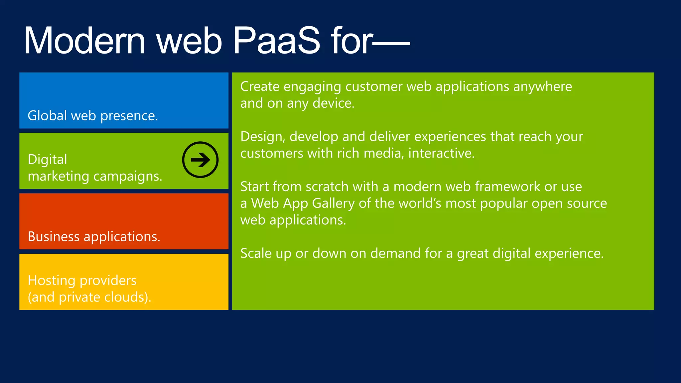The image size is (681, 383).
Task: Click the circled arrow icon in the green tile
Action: click(200, 160)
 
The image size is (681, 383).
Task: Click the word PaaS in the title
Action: click(276, 41)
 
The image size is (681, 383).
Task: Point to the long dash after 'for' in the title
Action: click(392, 43)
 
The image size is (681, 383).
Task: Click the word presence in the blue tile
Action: click(129, 116)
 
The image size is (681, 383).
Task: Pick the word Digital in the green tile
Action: click(47, 160)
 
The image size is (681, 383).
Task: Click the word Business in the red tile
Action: click(54, 237)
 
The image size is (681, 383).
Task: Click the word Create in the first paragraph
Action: click(260, 86)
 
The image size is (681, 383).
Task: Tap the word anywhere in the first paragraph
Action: click(542, 86)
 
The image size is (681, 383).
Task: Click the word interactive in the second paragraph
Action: click(441, 153)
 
